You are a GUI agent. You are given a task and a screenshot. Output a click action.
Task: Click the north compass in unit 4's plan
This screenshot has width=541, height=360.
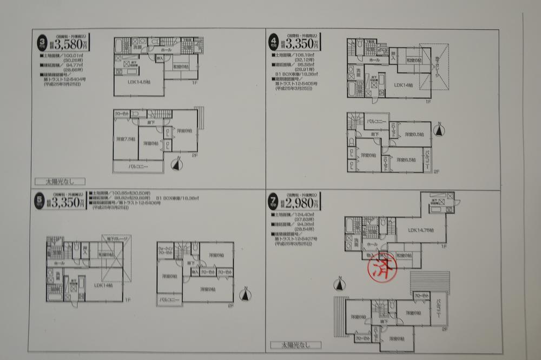pyautogui.click(x=440, y=130)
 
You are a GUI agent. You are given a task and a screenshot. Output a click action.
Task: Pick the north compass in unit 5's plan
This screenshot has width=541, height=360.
pyautogui.click(x=246, y=294)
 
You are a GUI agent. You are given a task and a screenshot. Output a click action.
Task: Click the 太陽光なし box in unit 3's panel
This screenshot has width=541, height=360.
pyautogui.click(x=61, y=182)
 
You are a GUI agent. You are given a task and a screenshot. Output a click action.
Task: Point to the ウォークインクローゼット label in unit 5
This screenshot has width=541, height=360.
pyautogui.click(x=166, y=250)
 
